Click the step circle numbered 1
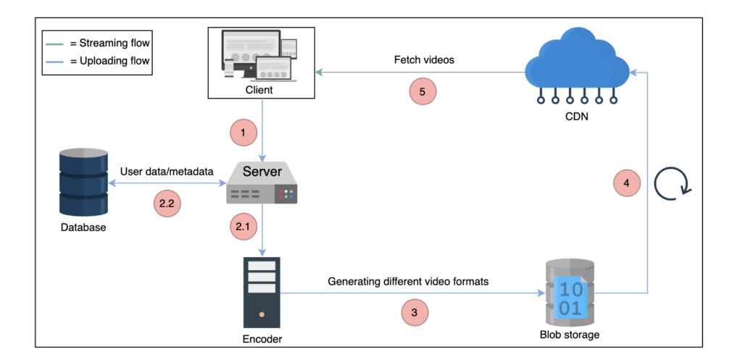(x=244, y=133)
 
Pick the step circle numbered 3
(x=414, y=313)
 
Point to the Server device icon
(x=262, y=183)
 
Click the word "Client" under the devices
(x=259, y=91)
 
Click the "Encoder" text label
(x=262, y=338)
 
